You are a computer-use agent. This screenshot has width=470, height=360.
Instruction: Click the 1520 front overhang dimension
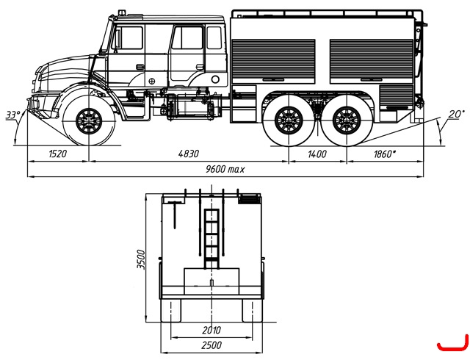click(x=57, y=154)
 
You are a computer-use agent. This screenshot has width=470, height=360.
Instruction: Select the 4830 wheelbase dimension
click(x=188, y=154)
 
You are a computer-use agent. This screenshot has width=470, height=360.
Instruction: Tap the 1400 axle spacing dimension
click(x=317, y=154)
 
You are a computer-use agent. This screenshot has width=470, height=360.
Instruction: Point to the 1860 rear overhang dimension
click(x=385, y=154)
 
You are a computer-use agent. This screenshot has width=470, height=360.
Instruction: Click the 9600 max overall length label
click(x=225, y=169)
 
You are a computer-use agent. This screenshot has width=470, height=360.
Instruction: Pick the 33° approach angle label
click(x=13, y=115)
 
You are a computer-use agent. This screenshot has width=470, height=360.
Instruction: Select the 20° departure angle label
click(x=457, y=114)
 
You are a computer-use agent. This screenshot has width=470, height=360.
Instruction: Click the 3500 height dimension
click(x=140, y=259)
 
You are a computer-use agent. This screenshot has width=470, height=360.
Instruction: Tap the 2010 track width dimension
click(x=211, y=331)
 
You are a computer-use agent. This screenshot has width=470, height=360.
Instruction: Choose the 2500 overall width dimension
click(x=211, y=345)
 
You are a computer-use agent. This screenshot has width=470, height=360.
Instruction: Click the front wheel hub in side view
click(x=89, y=121)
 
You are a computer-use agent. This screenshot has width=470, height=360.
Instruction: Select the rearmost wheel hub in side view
click(x=347, y=120)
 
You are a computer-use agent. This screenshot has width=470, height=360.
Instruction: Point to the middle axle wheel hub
click(x=289, y=120)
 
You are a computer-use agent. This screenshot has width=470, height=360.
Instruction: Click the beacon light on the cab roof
click(x=122, y=12)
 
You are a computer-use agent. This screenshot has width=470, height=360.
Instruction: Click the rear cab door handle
click(x=200, y=67)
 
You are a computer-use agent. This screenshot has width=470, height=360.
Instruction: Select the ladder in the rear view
click(x=211, y=239)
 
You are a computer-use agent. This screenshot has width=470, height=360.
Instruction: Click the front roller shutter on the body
click(x=273, y=61)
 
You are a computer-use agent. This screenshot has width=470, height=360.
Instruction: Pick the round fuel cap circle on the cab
click(x=215, y=79)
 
